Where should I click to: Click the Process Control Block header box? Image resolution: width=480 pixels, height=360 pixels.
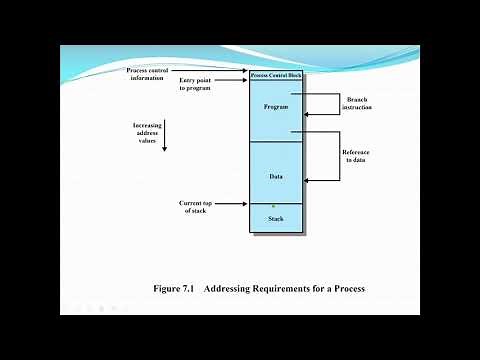click(275, 76)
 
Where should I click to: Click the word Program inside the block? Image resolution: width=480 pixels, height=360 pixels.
click(276, 106)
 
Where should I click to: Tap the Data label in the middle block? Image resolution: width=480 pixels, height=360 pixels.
click(276, 176)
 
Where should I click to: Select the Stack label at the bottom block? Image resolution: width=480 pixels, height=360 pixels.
click(276, 218)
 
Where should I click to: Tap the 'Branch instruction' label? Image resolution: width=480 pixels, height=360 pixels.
click(357, 103)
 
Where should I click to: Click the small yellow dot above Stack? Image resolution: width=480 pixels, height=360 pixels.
click(273, 205)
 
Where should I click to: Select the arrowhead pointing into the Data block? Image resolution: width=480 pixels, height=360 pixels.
click(308, 180)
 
